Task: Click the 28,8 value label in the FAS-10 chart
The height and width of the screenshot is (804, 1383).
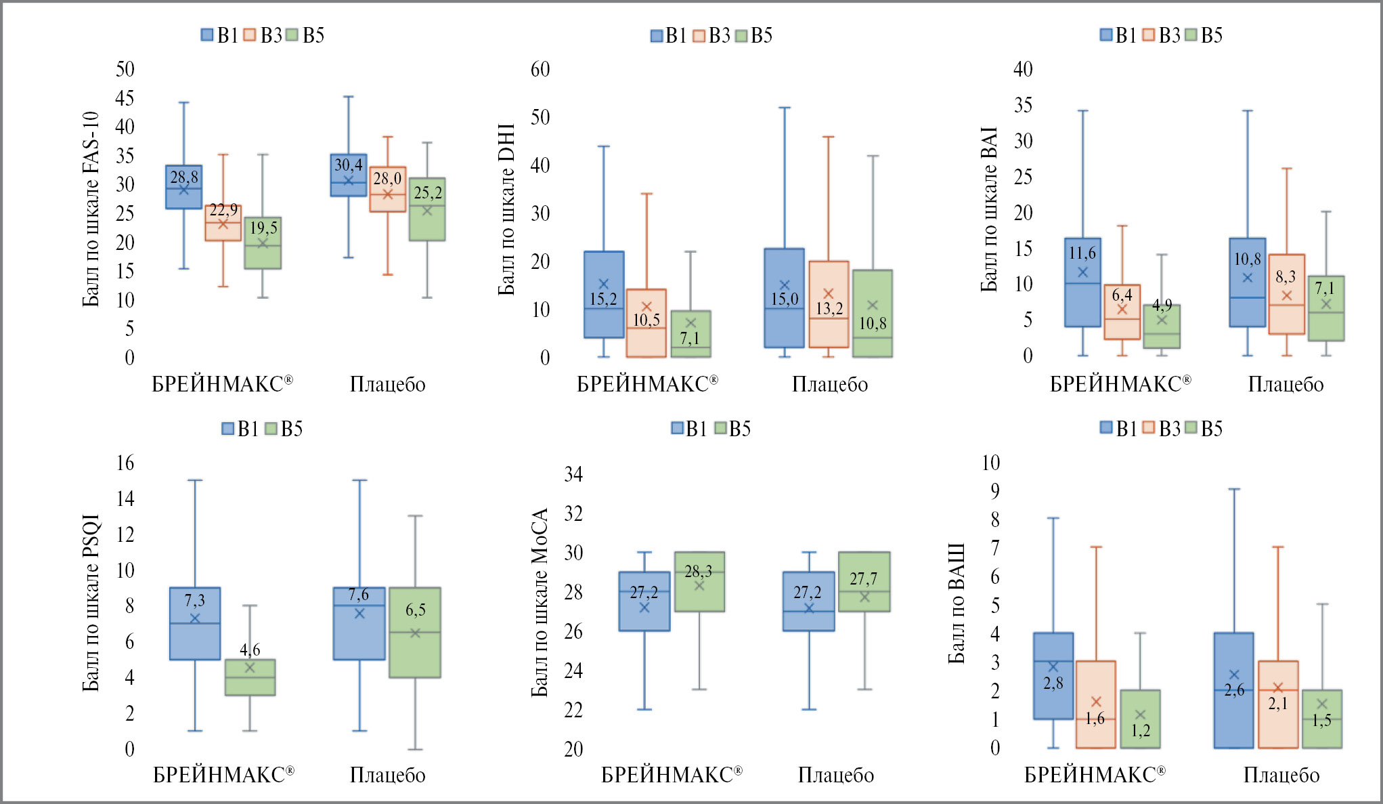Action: [x=184, y=177]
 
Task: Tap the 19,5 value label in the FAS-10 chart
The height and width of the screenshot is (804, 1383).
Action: [x=263, y=228]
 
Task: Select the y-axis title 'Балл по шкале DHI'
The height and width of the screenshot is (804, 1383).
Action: [x=506, y=209]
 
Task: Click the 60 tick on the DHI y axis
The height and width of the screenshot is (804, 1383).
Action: [x=540, y=69]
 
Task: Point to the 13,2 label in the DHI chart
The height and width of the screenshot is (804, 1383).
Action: [x=829, y=309]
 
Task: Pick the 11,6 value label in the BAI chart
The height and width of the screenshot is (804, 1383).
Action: [x=1082, y=253]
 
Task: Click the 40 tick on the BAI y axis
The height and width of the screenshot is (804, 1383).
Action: [x=1023, y=69]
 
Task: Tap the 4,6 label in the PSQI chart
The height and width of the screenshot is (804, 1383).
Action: [x=250, y=650]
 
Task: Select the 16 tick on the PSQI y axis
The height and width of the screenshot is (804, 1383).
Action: [x=125, y=463]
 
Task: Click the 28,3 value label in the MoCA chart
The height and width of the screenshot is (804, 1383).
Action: [x=698, y=572]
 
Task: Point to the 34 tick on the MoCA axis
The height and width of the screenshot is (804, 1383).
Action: [x=573, y=474]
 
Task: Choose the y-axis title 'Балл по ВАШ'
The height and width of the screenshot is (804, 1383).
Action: [x=956, y=603]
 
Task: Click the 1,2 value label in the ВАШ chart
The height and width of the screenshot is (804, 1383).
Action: [x=1140, y=730]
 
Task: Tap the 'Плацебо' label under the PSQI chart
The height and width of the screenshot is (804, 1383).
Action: [x=387, y=775]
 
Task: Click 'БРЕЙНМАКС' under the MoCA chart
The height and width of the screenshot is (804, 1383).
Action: [x=672, y=775]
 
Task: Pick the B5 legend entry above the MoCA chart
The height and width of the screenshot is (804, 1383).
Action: [x=732, y=429]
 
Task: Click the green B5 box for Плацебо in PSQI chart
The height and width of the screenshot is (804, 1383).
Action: [x=415, y=633]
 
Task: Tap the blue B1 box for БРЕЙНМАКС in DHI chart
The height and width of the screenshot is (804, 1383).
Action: [x=604, y=295]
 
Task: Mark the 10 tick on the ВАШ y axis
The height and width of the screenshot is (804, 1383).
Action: [x=990, y=463]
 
